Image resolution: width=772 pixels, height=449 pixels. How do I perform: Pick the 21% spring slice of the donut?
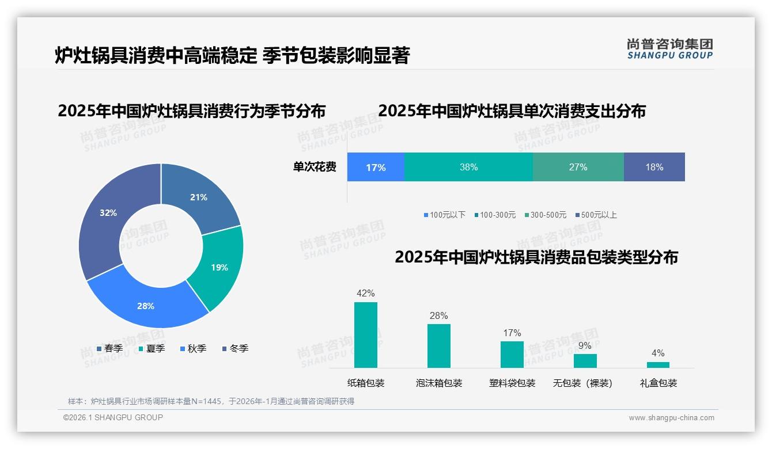coord(199,197)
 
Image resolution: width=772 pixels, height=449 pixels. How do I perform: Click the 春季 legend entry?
coord(109,348)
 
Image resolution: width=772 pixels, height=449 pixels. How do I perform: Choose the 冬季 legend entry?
coord(235,348)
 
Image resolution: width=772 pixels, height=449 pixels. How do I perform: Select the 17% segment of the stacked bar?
coord(376,167)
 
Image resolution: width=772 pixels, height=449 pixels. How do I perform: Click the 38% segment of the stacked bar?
coord(468,167)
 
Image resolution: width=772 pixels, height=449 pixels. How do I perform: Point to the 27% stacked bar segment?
coord(578,167)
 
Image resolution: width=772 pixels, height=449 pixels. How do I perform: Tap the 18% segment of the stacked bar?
coord(654,167)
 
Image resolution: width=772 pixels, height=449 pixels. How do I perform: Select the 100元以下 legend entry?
coord(444,215)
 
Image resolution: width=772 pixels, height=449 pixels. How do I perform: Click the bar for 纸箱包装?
coord(366,335)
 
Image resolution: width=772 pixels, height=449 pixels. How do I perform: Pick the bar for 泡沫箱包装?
coord(439,345)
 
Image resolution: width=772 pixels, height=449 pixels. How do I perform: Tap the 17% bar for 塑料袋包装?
coord(512,354)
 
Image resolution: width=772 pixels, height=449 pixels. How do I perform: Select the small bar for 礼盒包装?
coord(658,364)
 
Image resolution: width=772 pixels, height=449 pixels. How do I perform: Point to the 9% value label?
coord(585,346)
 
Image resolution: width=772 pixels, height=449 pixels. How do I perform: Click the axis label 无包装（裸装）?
coord(582,383)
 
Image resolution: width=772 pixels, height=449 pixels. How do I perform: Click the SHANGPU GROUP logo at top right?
coord(670,49)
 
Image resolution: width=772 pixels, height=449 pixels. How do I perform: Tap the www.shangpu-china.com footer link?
coord(671,417)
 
